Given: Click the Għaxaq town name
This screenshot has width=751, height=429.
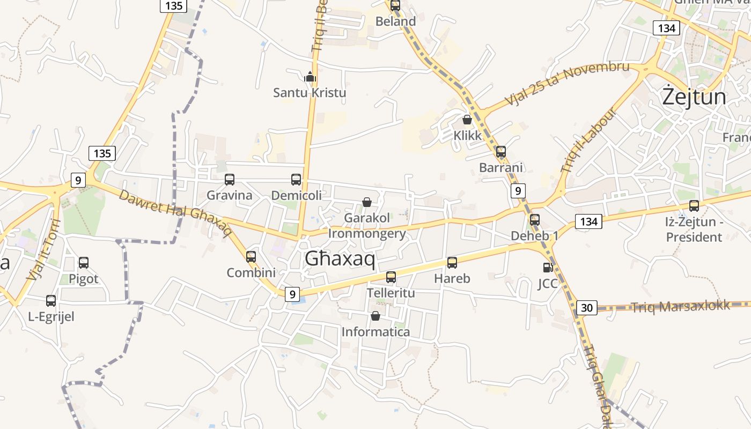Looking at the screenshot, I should pos(340,259).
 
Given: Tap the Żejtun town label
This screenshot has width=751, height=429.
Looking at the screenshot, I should pos(694,97).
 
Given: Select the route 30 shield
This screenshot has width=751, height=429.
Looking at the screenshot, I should pos(587,308).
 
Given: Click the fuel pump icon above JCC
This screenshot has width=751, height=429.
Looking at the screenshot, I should pos(548,267).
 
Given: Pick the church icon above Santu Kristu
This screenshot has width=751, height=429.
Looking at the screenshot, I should pos(310,77).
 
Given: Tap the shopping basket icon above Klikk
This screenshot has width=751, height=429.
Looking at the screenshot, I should pos(467,120).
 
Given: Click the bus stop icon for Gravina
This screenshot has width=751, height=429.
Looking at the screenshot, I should pos(229,180).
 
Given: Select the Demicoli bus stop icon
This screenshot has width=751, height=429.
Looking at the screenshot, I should pos(296,180).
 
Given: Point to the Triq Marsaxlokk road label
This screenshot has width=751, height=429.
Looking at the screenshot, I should pos(680,306).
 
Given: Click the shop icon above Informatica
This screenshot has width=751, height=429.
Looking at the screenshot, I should pos(376,316).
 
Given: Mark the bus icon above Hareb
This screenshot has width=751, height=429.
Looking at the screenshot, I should pos(452,263).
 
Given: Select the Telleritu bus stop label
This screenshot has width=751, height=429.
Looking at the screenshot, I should pos(391,293).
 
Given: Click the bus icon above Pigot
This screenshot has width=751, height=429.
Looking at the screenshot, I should pos(84,263).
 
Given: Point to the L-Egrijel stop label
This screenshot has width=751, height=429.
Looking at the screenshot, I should pos(51,316).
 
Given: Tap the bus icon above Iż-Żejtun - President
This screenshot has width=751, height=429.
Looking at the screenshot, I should pos(694,205).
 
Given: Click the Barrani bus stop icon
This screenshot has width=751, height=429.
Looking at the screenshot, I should pos(500,152).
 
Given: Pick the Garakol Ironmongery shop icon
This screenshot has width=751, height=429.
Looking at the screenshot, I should pos(367,202).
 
